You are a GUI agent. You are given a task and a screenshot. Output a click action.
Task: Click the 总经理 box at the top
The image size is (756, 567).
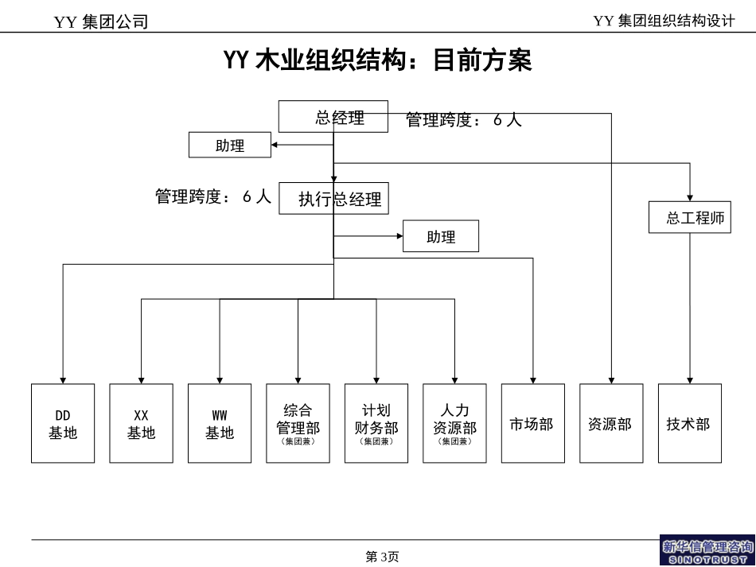[x=333, y=117]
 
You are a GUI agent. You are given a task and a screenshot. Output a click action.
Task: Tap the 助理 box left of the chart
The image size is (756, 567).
[x=230, y=146]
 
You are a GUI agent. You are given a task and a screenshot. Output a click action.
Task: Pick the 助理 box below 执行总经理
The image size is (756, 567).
[x=441, y=236]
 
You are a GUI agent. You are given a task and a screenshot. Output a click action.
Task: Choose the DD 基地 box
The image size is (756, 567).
[x=63, y=424]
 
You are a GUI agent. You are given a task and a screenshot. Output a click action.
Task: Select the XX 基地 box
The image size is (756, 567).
[x=141, y=424]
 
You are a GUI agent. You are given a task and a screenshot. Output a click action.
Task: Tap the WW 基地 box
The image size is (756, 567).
[x=220, y=424]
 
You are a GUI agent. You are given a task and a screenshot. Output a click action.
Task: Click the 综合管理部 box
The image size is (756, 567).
[x=298, y=424]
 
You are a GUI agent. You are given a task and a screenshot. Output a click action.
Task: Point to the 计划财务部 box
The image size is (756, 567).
[x=376, y=424]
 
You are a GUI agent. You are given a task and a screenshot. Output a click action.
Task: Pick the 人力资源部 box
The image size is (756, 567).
[x=454, y=424]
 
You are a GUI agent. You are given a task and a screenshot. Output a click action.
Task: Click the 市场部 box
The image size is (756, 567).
[x=532, y=424]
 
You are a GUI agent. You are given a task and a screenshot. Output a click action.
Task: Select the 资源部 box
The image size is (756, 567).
[x=611, y=424]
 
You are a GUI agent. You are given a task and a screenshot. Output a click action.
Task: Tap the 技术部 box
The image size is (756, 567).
[x=689, y=424]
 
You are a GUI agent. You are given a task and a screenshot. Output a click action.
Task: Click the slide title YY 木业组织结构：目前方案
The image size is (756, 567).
[x=378, y=60]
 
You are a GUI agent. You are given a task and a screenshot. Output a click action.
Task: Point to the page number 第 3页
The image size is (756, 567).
[x=382, y=557]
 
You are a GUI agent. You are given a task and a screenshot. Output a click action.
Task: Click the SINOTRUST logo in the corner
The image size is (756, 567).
[x=707, y=550]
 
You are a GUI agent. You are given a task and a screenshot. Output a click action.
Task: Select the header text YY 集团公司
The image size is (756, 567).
[x=101, y=22]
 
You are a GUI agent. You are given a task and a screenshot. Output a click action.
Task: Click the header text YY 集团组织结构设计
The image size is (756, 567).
[x=664, y=21]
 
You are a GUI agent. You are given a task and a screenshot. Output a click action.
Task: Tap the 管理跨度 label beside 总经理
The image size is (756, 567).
[x=463, y=120]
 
